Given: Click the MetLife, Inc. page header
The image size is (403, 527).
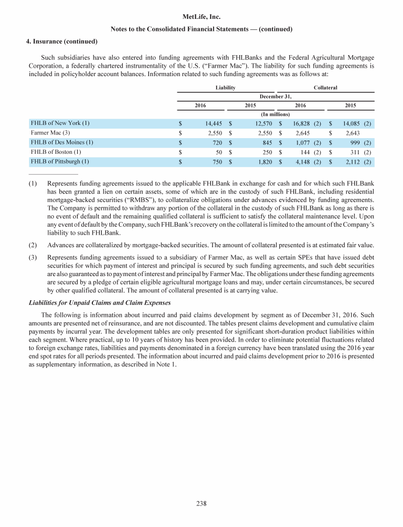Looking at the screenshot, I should [201, 17].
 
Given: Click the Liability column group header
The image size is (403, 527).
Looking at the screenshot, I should [226, 87].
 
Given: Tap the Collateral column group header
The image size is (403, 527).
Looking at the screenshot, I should [325, 87].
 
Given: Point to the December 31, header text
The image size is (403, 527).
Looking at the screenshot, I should [275, 96].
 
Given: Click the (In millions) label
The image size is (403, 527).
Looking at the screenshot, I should [275, 114].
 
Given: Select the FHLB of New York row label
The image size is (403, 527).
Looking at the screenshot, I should [60, 123].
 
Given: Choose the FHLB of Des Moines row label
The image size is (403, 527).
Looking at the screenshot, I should [62, 142].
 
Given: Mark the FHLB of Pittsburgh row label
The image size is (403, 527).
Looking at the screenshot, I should [60, 161].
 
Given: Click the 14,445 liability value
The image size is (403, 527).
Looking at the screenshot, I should [213, 124].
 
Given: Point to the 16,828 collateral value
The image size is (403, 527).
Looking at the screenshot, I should [299, 124].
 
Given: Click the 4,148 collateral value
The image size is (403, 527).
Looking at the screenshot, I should [301, 162].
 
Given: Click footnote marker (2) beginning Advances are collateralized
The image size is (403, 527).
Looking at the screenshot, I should [33, 244].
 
